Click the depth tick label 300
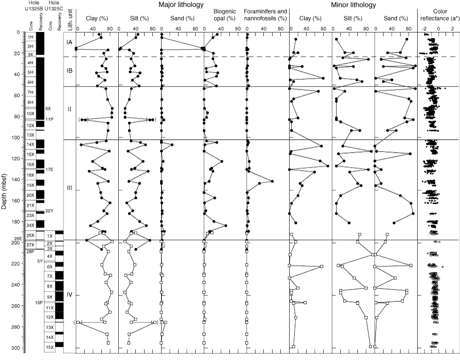(14, 348)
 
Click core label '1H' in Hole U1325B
(30, 37)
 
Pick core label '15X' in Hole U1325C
(50, 348)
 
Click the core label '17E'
(49, 169)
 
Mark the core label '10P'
(38, 302)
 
